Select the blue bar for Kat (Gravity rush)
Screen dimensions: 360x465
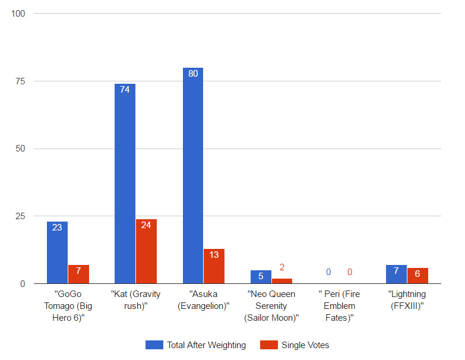(125, 184)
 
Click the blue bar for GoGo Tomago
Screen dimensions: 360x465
(57, 252)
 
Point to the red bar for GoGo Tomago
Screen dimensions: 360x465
(78, 274)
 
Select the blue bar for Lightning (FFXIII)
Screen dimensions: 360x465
(396, 274)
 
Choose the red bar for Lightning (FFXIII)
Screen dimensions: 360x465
(417, 276)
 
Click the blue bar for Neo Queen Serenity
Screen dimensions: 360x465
(261, 277)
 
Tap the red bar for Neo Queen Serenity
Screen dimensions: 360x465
(282, 280)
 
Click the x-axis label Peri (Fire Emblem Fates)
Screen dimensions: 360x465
(339, 306)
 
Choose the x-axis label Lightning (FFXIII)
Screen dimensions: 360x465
(407, 300)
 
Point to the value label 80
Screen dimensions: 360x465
(193, 74)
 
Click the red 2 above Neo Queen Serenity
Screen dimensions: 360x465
(282, 267)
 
